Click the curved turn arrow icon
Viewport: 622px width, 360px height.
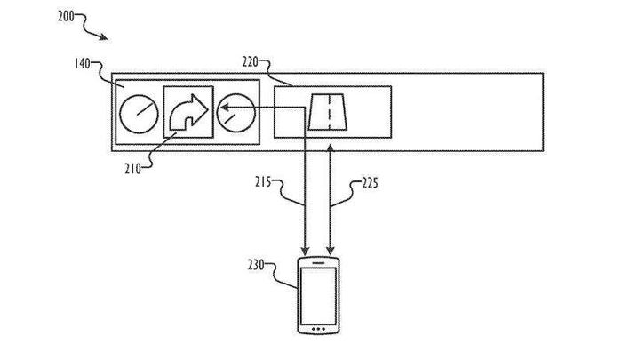tap(188, 113)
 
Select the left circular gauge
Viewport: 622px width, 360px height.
tap(139, 113)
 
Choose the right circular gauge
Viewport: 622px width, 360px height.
tap(236, 113)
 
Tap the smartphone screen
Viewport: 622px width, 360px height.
tap(318, 292)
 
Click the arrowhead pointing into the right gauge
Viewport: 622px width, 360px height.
tap(225, 110)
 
